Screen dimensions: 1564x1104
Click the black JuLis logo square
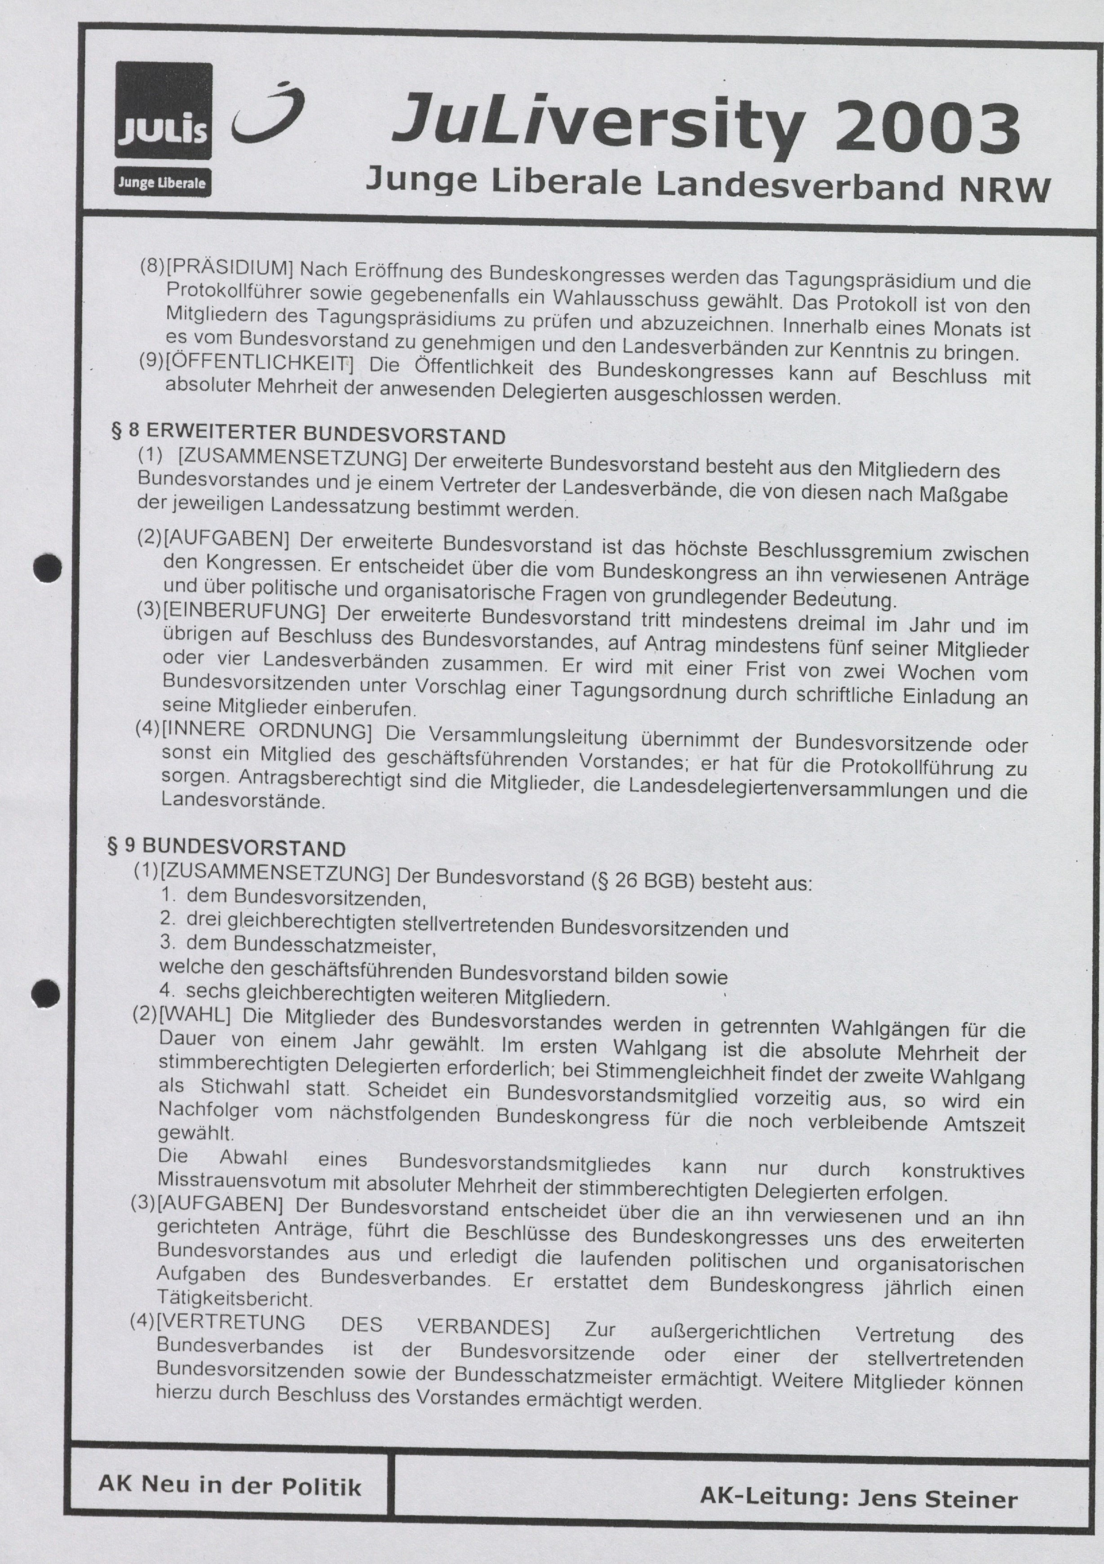tap(163, 110)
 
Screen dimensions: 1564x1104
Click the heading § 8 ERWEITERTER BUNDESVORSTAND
tap(308, 434)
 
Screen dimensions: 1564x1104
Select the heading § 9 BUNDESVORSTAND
tap(227, 847)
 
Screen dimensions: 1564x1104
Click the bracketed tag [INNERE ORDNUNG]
tap(266, 730)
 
